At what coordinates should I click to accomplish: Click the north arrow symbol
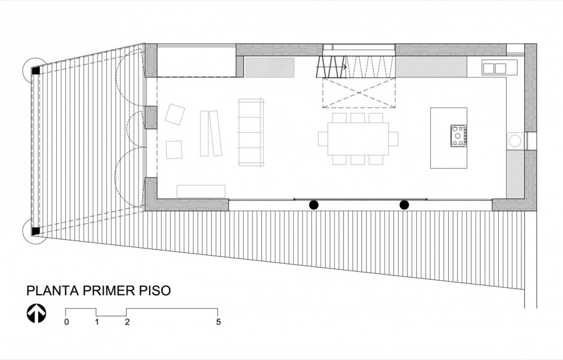[x=36, y=313]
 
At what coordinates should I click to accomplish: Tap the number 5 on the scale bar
[x=218, y=322]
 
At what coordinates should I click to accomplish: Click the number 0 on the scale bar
[x=67, y=322]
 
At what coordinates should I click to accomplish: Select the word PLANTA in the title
[x=52, y=290]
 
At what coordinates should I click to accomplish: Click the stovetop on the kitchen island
[x=458, y=135]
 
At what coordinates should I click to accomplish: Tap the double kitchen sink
[x=494, y=68]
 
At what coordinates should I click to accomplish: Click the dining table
[x=358, y=139]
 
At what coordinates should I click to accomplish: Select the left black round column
[x=314, y=205]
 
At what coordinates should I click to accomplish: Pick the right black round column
[x=404, y=205]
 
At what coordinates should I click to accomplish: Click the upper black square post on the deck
[x=35, y=71]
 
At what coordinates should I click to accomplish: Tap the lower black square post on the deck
[x=35, y=232]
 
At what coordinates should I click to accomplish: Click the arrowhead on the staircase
[x=345, y=67]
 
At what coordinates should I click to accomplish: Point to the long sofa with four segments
[x=251, y=132]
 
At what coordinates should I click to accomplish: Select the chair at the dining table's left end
[x=323, y=139]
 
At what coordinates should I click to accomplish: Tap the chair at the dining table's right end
[x=394, y=139]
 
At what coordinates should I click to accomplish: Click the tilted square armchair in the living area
[x=175, y=114]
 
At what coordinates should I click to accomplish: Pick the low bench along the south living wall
[x=201, y=191]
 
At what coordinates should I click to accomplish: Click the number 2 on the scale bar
[x=127, y=322]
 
